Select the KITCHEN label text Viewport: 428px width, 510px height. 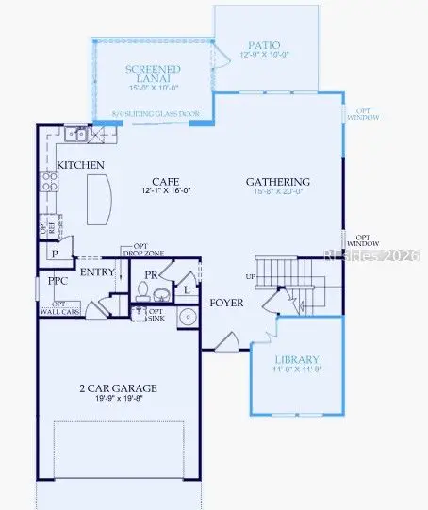tap(80, 165)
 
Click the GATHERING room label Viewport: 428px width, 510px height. tap(278, 181)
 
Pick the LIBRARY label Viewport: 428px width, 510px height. tap(297, 359)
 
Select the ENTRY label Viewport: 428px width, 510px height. tap(97, 272)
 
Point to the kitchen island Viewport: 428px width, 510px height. tap(101, 199)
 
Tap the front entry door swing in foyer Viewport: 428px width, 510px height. tap(226, 342)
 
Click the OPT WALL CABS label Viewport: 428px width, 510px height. tap(58, 308)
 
